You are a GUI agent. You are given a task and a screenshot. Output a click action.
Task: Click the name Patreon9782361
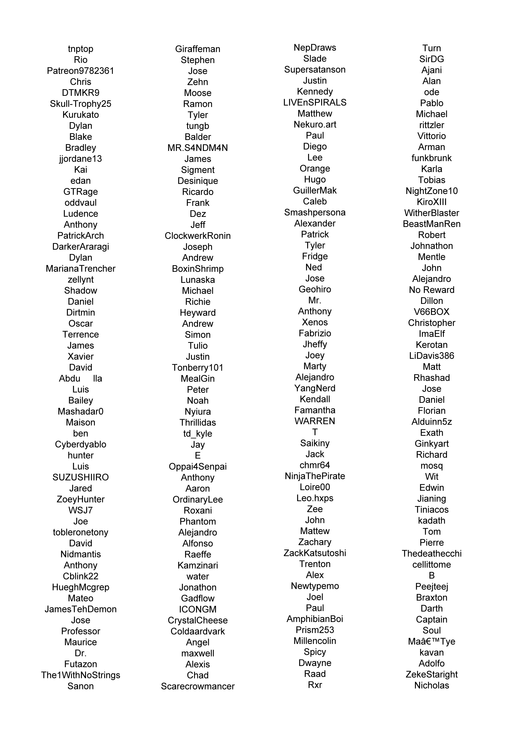click(81, 71)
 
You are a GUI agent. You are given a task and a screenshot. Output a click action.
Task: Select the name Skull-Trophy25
click(81, 104)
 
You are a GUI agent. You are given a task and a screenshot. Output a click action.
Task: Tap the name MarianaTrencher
click(81, 269)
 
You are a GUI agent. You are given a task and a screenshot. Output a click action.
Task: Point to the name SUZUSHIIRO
click(81, 477)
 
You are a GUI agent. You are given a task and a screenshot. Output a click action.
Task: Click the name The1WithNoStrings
click(81, 675)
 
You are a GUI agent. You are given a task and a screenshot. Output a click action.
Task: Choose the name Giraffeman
click(198, 49)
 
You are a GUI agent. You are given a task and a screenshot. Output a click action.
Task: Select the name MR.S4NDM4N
click(198, 148)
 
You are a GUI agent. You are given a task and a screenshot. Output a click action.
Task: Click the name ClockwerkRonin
click(198, 236)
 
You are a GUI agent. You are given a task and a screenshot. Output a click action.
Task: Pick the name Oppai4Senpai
click(198, 466)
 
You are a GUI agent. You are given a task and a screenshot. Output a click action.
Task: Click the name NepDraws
click(315, 48)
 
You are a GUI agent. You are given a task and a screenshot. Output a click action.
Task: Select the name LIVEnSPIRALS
click(315, 103)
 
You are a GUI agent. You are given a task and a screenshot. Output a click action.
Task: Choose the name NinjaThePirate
click(315, 476)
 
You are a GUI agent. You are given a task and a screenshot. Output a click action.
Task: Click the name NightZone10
click(431, 191)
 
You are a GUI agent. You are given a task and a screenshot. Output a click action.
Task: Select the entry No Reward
click(431, 290)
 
